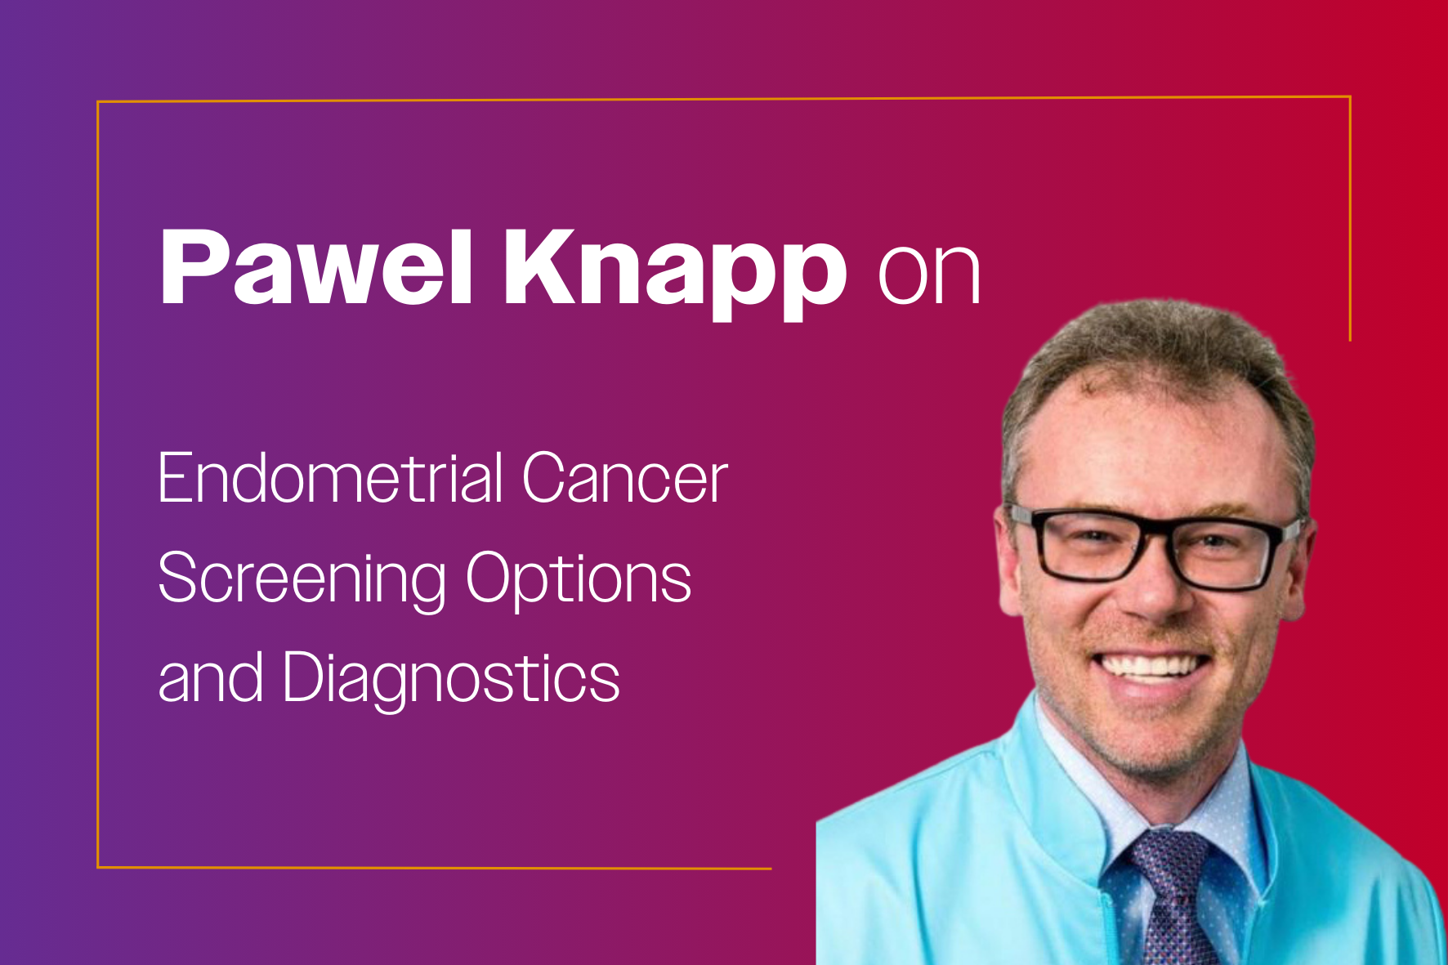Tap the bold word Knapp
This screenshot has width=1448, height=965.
(675, 271)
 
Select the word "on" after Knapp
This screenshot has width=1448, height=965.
(929, 274)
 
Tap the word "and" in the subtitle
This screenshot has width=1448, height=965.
(211, 677)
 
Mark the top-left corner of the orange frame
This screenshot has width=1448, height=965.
(98, 102)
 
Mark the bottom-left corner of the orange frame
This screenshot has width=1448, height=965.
(98, 867)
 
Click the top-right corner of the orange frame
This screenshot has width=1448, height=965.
(1350, 97)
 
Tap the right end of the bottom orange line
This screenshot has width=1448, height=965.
(771, 869)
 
